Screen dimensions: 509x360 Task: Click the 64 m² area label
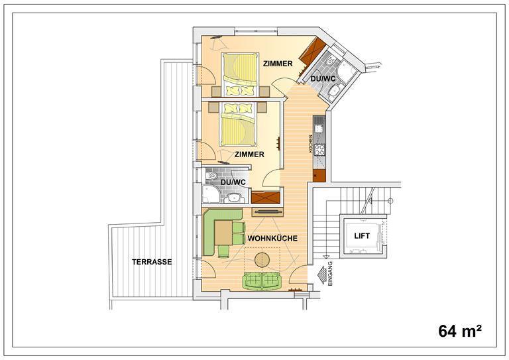coord(460,331)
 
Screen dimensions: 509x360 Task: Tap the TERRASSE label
coord(152,262)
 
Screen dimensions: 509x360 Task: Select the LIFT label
coord(362,235)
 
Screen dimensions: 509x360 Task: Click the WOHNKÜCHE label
coord(272,238)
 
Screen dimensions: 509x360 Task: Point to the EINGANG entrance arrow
coord(322,275)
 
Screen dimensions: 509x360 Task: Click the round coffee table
coord(262,260)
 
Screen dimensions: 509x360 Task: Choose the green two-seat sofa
coord(262,281)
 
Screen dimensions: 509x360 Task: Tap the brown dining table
coord(223,233)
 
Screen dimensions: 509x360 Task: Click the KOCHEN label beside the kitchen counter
coord(311,144)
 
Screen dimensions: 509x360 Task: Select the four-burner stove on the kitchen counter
coord(319,150)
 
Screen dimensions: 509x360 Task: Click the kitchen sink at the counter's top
coord(319,125)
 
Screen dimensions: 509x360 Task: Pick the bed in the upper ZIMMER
coord(240,74)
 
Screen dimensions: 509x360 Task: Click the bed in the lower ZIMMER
coord(238,125)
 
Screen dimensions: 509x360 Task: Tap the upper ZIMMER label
coord(278,64)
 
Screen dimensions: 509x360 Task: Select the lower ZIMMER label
coord(249,154)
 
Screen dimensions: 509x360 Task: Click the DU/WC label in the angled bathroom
coord(323,79)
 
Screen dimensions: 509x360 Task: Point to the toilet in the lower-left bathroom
coord(213,176)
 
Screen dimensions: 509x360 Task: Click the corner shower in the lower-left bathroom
coord(211,194)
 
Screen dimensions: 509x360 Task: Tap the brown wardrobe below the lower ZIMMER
coord(266,198)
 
